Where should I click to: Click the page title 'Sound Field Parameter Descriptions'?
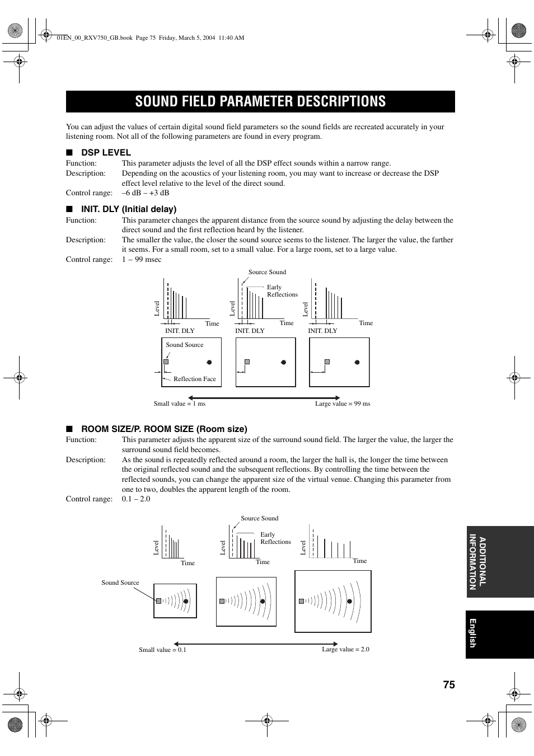260,101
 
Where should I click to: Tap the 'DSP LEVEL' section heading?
106,152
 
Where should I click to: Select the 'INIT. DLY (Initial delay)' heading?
129,209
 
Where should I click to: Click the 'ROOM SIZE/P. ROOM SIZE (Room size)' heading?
164,429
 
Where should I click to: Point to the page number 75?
448,685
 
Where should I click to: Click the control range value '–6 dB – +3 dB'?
146,192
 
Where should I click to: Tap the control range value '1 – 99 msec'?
142,259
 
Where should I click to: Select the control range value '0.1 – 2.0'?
136,499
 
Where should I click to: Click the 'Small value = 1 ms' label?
179,403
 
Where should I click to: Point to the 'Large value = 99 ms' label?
342,403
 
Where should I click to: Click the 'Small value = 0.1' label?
162,650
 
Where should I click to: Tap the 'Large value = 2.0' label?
345,649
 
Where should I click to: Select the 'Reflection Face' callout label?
194,379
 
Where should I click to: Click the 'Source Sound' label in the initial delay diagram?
267,272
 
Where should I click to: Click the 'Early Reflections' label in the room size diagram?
275,538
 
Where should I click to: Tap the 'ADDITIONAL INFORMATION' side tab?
477,562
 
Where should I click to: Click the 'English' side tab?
472,633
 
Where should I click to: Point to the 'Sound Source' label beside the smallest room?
120,583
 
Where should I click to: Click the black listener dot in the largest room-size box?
350,601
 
